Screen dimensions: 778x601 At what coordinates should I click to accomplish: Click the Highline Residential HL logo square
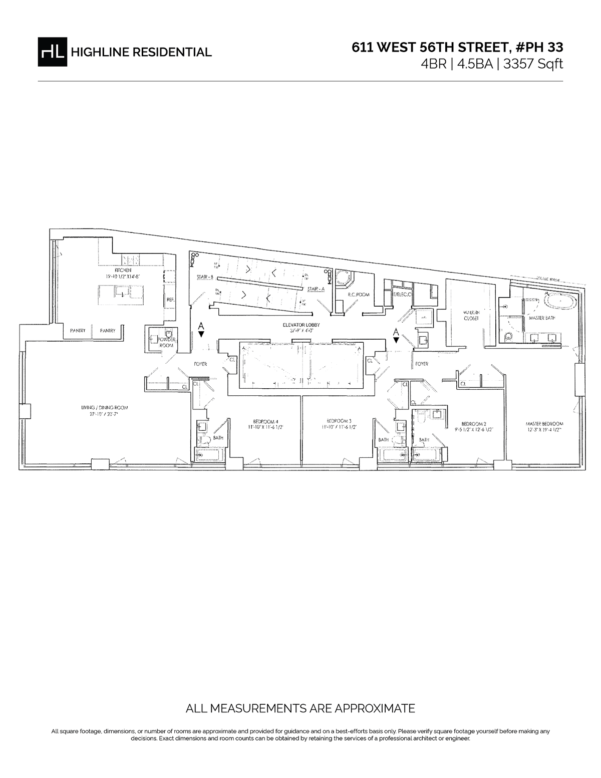[52, 52]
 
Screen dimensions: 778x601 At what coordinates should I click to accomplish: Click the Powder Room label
[166, 342]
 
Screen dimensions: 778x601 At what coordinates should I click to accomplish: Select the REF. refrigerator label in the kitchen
[170, 300]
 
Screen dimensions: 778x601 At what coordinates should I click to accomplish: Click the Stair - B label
[205, 277]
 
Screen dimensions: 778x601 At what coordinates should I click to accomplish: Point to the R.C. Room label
[359, 295]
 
